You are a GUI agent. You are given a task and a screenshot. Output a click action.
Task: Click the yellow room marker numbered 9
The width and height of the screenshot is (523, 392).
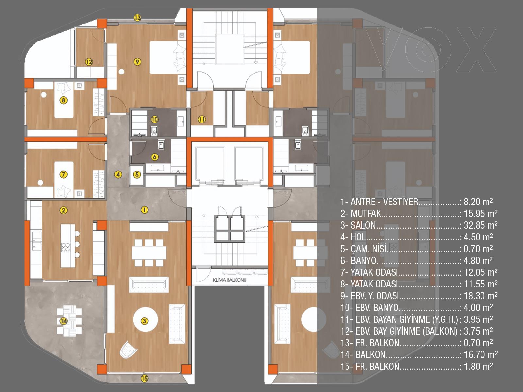pos(137,62)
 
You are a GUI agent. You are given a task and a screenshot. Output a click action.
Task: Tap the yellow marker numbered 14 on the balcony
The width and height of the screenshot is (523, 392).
pos(64,321)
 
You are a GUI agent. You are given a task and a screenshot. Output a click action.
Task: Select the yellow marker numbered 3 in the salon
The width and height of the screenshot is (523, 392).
pos(144,321)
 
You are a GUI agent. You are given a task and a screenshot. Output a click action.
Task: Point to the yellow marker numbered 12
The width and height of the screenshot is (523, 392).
pos(89,62)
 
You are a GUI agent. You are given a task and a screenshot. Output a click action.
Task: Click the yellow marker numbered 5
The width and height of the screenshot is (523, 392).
pos(137,175)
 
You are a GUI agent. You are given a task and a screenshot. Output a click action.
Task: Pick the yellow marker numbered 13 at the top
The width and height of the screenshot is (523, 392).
pos(137,18)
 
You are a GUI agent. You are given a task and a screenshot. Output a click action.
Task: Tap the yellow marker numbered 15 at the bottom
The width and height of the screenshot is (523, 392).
pos(144,378)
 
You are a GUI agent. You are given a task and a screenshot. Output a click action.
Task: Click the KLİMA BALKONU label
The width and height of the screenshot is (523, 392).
pos(230,280)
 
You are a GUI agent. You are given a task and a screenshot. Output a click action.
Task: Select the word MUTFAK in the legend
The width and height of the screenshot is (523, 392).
pos(366,214)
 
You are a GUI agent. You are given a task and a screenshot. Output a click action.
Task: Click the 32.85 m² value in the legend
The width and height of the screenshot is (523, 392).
pos(481,225)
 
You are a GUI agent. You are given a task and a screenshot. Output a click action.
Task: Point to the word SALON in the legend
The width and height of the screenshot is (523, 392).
pos(363,225)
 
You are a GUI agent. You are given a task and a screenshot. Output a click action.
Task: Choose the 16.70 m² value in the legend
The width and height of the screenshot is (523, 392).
pos(481,355)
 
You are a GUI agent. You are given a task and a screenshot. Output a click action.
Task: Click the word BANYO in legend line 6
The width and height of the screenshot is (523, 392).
pos(363,261)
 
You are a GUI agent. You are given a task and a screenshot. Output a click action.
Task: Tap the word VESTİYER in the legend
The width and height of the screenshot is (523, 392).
pos(400,202)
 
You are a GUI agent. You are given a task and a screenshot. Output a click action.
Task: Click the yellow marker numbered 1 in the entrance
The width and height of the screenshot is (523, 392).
pos(144,210)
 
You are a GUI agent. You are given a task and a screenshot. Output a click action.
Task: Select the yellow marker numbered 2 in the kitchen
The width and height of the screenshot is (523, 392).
pos(64,210)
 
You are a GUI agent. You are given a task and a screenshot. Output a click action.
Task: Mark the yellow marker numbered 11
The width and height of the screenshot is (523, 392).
pos(202,119)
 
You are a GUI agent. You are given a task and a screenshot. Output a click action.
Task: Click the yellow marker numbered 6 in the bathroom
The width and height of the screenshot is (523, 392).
pos(155,157)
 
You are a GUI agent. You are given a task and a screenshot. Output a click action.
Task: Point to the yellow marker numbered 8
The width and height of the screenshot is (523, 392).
pos(64,100)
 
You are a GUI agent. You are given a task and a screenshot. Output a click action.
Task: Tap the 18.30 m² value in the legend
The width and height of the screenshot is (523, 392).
pos(481,296)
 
